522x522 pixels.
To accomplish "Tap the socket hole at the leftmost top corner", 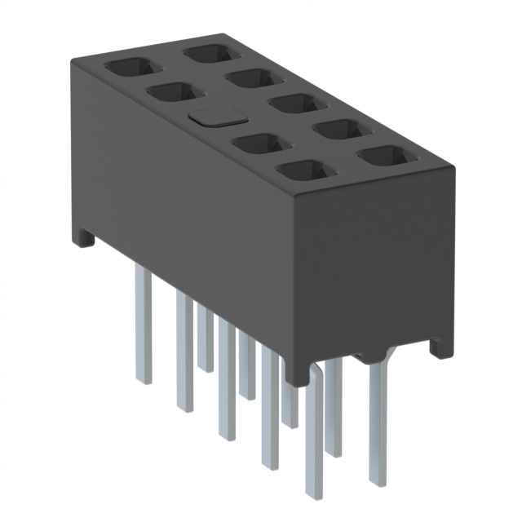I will (127, 68).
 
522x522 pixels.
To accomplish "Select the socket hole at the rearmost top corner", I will (210, 55).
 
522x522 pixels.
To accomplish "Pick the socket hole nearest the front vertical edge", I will (305, 171).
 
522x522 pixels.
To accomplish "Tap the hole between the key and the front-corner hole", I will (261, 145).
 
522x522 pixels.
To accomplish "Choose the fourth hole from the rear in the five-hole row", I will (342, 130).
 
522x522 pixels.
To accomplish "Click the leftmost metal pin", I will (143, 326).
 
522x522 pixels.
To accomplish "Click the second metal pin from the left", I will (184, 351).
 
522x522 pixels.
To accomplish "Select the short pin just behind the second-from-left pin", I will (205, 338).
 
